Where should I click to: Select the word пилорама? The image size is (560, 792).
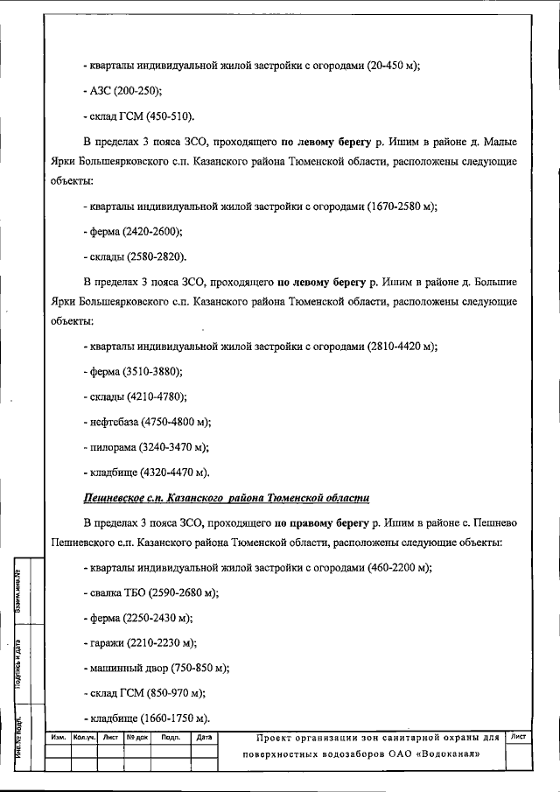click(x=113, y=447)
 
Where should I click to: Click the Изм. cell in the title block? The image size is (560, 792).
click(x=59, y=737)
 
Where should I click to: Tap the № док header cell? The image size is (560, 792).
click(x=137, y=737)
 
